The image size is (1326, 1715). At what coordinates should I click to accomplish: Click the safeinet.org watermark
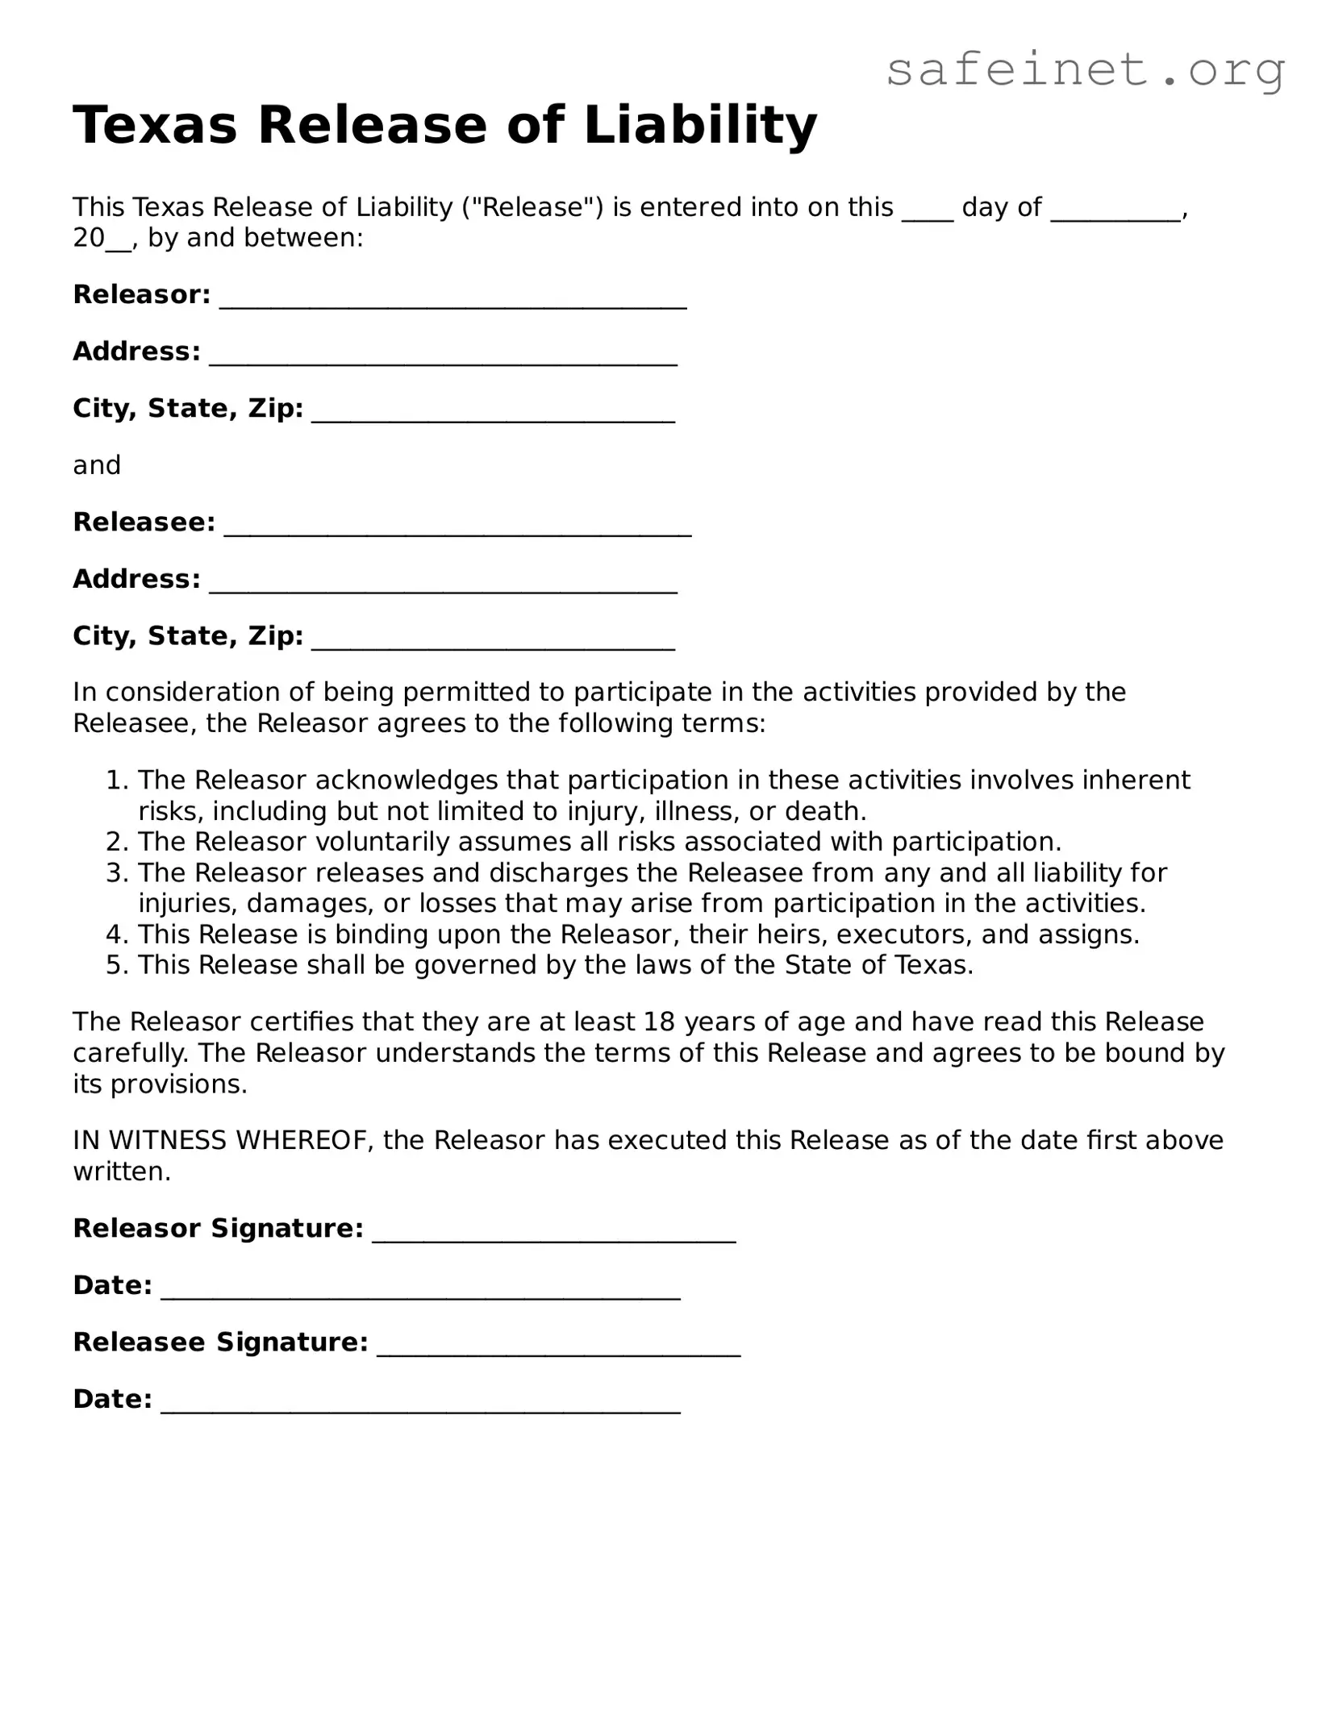point(1085,70)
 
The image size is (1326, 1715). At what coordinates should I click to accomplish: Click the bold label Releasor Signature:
point(218,1228)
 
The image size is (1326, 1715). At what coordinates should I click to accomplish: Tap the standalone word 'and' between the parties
point(97,465)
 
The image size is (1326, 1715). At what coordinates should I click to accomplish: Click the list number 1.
point(117,780)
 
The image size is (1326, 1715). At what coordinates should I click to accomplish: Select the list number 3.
point(117,872)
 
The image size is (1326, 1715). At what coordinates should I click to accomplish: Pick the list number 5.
point(117,964)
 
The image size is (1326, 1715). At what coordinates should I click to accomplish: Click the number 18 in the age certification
point(660,1022)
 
